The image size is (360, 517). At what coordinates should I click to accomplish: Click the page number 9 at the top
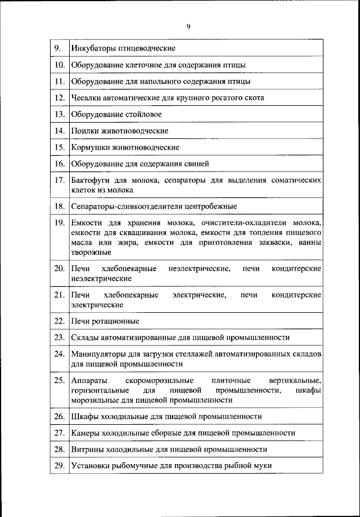188,26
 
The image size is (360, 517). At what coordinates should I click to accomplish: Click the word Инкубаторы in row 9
93,48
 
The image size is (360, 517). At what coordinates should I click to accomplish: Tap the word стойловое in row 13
143,114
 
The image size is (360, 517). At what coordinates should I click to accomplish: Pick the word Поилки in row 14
84,131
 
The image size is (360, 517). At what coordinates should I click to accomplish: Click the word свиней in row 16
197,164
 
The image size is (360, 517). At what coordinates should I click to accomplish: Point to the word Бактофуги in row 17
91,181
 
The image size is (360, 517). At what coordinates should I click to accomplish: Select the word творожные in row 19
91,252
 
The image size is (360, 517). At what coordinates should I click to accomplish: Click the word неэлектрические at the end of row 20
101,278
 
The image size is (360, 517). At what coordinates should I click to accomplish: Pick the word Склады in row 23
85,338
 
